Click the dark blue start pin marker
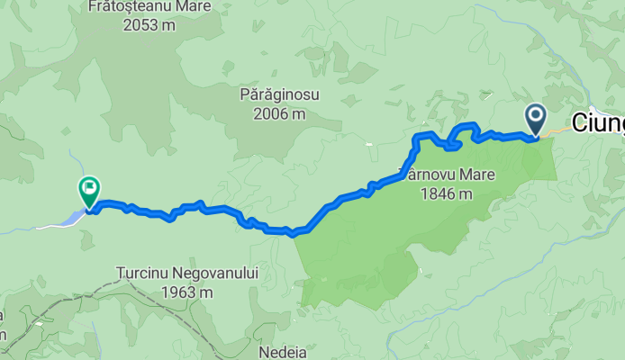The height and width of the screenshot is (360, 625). (x=536, y=118)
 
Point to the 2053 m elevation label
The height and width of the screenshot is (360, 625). (x=149, y=24)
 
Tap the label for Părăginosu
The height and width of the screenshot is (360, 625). (x=279, y=94)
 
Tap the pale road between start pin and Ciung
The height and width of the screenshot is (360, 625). (x=557, y=131)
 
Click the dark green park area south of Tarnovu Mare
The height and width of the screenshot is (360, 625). (x=360, y=261)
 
